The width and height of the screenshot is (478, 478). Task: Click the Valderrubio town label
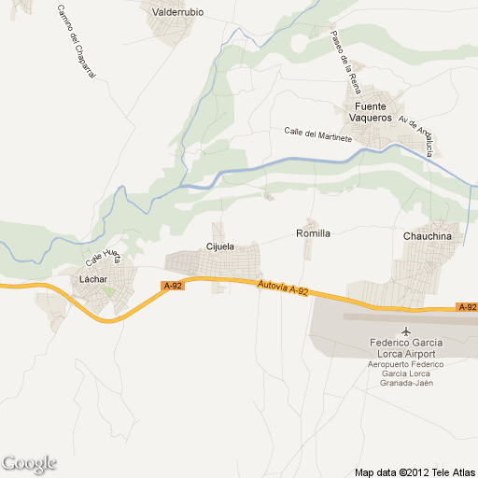click(177, 12)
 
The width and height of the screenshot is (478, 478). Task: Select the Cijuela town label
click(219, 246)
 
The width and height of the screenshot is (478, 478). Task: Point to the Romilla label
click(313, 232)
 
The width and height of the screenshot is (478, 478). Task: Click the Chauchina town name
click(427, 237)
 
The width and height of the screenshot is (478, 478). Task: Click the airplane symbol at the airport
click(405, 330)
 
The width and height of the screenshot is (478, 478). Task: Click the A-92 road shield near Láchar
click(172, 286)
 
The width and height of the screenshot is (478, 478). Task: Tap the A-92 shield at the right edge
click(467, 307)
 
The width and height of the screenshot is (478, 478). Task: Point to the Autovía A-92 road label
click(283, 290)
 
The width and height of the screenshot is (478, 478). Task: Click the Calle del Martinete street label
click(317, 134)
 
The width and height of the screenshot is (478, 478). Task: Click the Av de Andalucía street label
click(416, 134)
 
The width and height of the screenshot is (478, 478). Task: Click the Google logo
click(29, 463)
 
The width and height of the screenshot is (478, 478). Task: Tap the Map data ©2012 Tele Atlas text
click(414, 471)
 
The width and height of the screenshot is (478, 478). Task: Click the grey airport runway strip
click(411, 316)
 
